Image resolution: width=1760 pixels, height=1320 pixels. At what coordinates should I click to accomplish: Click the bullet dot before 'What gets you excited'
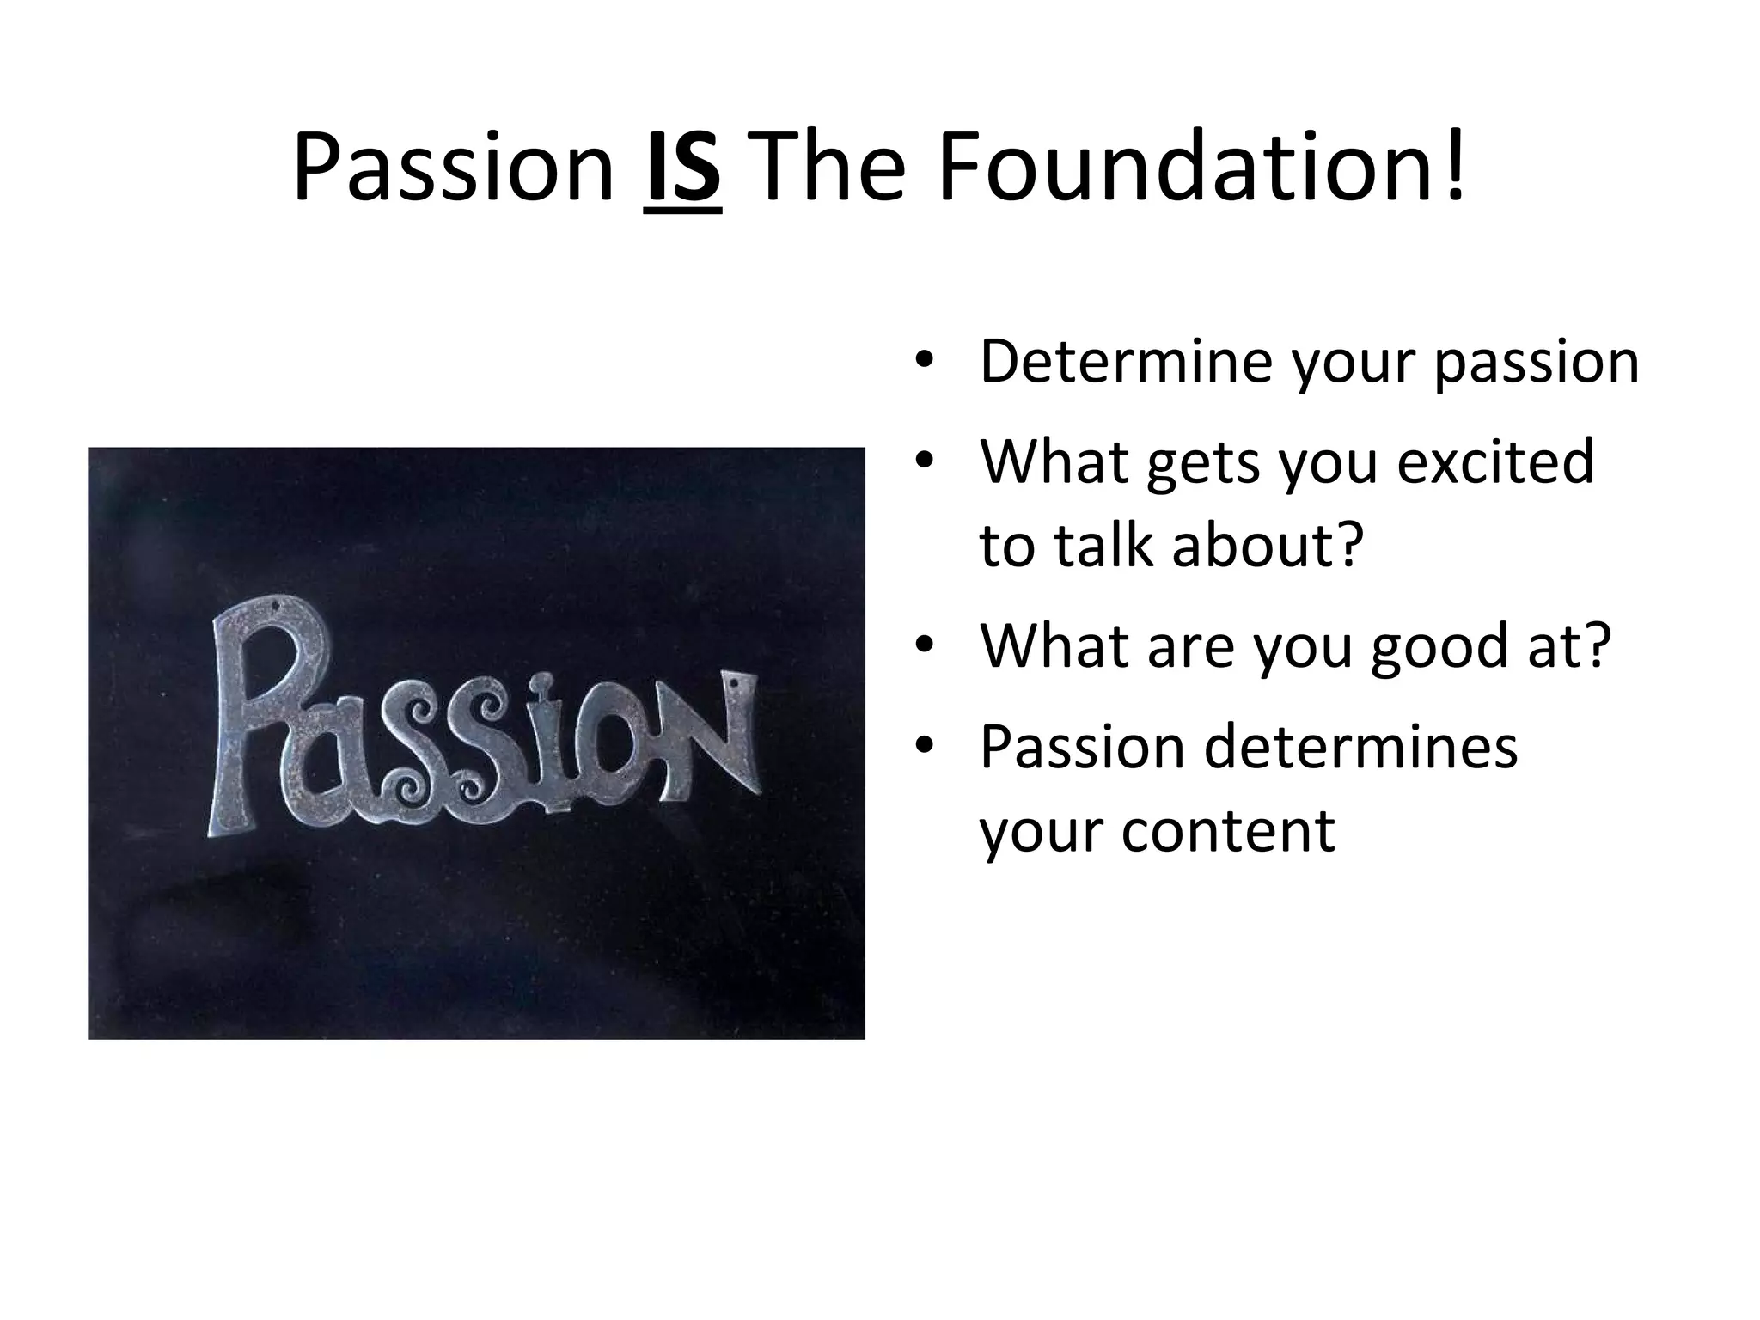point(924,461)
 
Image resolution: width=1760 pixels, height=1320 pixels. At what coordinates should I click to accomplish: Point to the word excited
point(1495,461)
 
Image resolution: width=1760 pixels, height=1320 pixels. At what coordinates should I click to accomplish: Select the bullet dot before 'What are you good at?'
point(924,646)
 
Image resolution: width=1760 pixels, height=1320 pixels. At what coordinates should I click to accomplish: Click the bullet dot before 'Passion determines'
point(924,746)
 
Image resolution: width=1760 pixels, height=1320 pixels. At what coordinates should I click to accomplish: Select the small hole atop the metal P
point(276,608)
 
